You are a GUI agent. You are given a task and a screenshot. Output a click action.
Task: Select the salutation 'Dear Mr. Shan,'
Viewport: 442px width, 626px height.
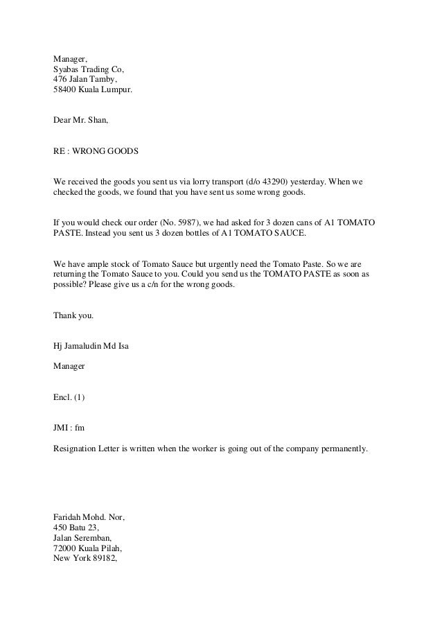(80, 120)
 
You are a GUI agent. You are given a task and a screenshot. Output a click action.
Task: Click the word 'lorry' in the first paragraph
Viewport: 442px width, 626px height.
(195, 182)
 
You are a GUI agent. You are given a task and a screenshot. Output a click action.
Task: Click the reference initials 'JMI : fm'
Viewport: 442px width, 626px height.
(69, 428)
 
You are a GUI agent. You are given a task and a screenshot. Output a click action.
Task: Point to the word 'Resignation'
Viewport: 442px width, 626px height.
(76, 449)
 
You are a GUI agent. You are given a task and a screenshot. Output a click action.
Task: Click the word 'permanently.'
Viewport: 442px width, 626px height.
(343, 449)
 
